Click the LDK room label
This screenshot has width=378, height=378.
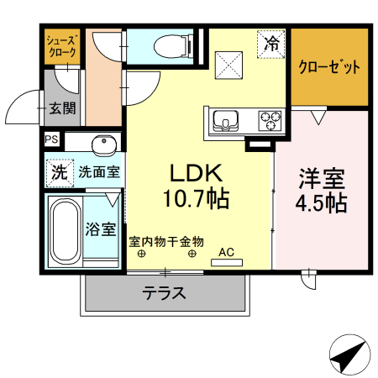click(x=196, y=172)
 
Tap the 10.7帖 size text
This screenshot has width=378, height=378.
click(x=196, y=200)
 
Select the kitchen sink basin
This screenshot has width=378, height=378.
click(x=226, y=121)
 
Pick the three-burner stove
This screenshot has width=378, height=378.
click(x=269, y=121)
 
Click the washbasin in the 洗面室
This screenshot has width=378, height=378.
click(x=103, y=142)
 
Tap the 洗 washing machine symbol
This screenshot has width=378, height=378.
click(x=58, y=174)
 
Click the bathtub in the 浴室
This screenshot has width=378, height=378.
click(x=64, y=228)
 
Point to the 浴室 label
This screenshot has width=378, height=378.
click(x=102, y=228)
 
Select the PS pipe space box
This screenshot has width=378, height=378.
click(x=52, y=140)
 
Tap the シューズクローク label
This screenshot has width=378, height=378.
click(x=61, y=45)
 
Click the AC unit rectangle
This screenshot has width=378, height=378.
click(x=227, y=262)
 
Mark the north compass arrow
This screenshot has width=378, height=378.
click(x=347, y=356)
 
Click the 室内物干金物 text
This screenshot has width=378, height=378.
click(x=166, y=241)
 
